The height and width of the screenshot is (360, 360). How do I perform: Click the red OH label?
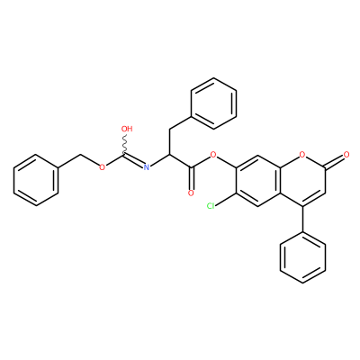(x=127, y=129)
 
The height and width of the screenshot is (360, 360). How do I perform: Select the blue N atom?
(x=147, y=167)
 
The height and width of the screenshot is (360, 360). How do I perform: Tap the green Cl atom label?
(x=211, y=206)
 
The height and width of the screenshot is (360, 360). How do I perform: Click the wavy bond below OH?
(x=124, y=144)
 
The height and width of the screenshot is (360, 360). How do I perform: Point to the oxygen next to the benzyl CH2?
(x=103, y=167)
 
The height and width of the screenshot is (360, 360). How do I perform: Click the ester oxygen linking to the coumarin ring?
(x=213, y=155)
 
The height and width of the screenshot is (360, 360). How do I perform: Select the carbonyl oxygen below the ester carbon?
(x=191, y=193)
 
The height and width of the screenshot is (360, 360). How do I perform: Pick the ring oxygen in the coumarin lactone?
(x=302, y=155)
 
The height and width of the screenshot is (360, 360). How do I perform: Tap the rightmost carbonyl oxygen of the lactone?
(x=346, y=155)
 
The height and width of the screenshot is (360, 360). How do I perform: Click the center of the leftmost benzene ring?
(x=36, y=180)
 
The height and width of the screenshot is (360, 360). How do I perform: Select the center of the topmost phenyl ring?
(x=213, y=103)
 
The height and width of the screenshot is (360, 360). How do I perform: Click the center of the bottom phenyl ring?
(x=302, y=257)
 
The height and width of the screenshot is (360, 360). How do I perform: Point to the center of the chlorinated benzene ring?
(x=257, y=180)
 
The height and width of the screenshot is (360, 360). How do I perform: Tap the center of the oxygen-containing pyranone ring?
(x=302, y=180)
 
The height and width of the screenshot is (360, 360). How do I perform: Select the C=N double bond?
(x=134, y=160)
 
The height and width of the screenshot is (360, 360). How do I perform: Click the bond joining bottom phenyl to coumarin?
(x=302, y=219)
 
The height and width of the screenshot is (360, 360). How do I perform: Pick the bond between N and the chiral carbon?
(x=159, y=160)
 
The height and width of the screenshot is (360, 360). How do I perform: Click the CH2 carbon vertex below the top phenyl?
(x=169, y=129)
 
